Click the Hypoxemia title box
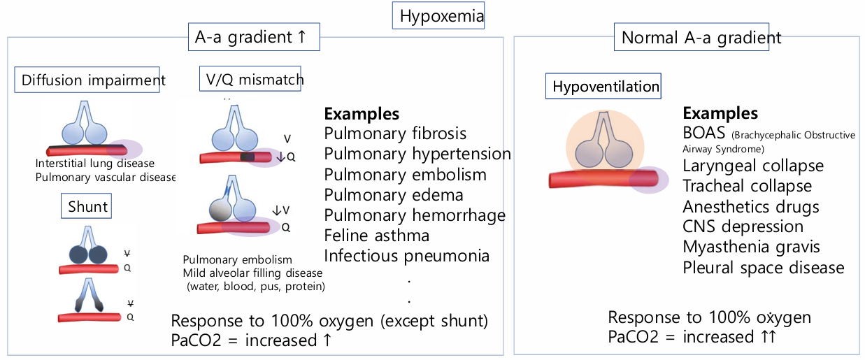pyautogui.click(x=438, y=15)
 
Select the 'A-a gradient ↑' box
pyautogui.click(x=253, y=36)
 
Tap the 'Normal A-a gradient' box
pyautogui.click(x=701, y=37)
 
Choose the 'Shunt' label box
pyautogui.click(x=88, y=206)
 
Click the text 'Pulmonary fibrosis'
pyautogui.click(x=395, y=134)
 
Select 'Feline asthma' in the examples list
pyautogui.click(x=377, y=236)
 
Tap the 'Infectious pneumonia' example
pyautogui.click(x=406, y=256)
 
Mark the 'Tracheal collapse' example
pyautogui.click(x=747, y=186)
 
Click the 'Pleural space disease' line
pyautogui.click(x=764, y=268)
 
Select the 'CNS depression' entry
pyautogui.click(x=743, y=226)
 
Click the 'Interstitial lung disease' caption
pyautogui.click(x=95, y=164)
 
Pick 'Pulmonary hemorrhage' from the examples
pyautogui.click(x=415, y=215)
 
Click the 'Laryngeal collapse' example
pyautogui.click(x=753, y=166)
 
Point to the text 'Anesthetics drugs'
pyautogui.click(x=751, y=206)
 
